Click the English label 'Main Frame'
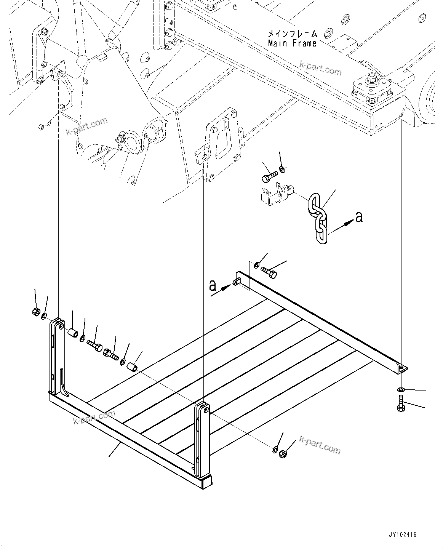click(x=292, y=43)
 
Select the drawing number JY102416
click(x=402, y=535)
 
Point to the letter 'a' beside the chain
click(x=358, y=217)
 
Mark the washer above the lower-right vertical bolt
click(x=401, y=389)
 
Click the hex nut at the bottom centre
click(x=283, y=454)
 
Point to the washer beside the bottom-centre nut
click(x=275, y=450)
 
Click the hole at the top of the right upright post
click(x=206, y=410)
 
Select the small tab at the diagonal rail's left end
click(x=236, y=282)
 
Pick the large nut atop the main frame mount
click(x=371, y=80)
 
